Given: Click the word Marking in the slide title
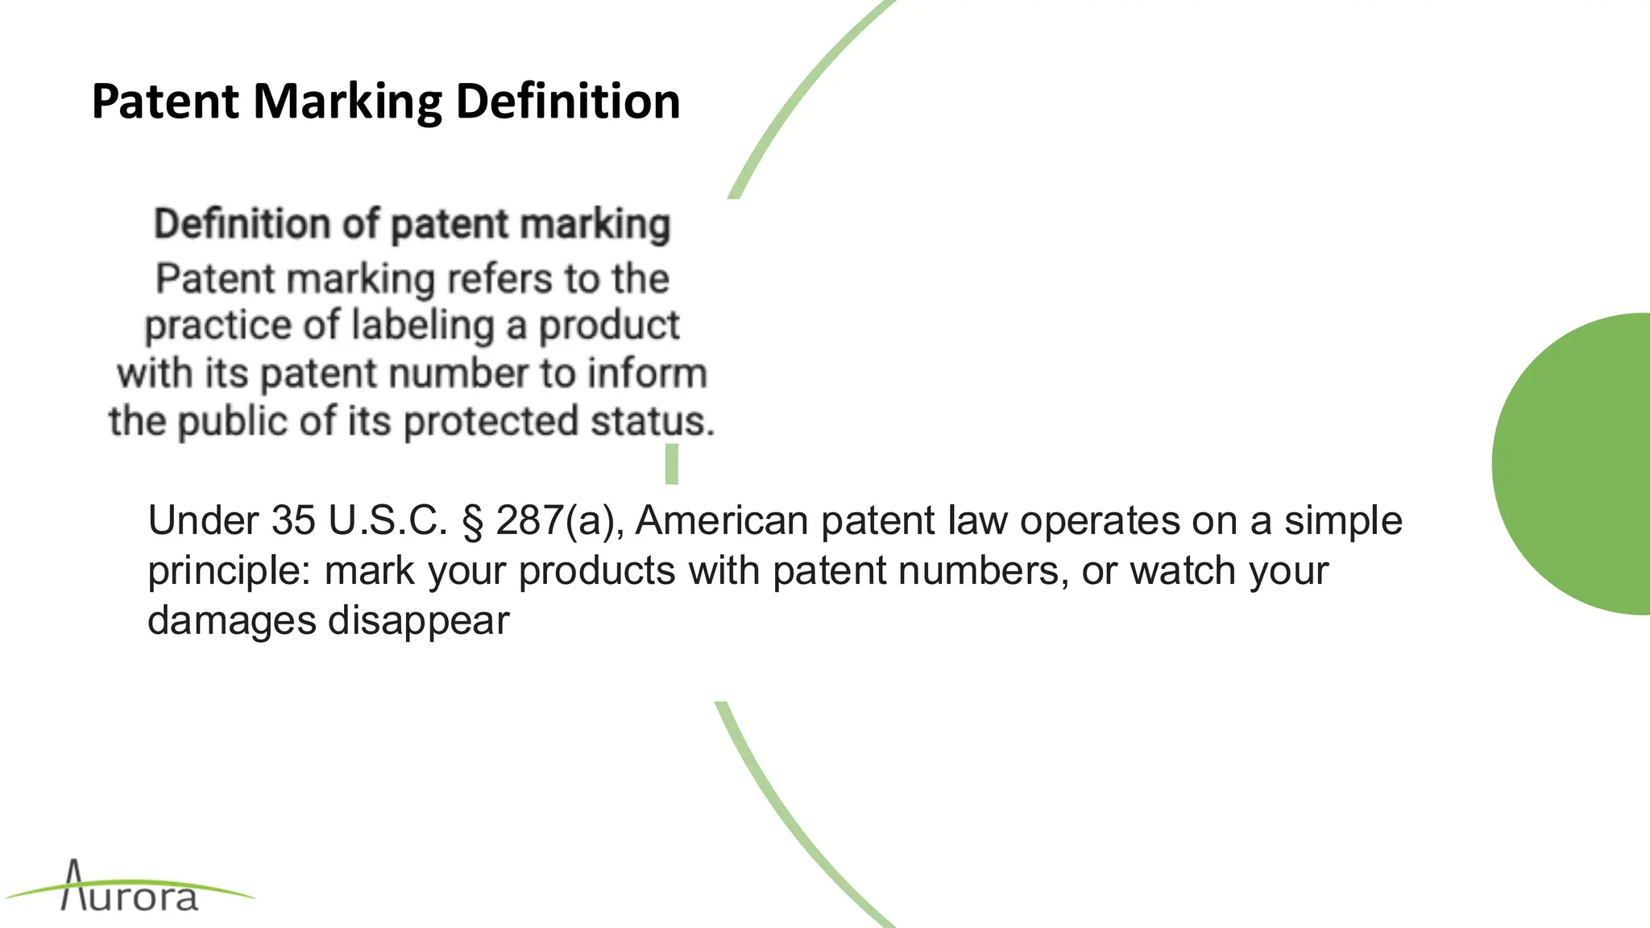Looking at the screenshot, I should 347,102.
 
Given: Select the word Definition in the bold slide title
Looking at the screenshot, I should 568,102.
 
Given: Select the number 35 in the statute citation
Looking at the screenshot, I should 292,520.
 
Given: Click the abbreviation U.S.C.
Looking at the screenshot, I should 388,520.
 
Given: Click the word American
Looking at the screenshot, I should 722,520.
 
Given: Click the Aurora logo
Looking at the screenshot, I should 131,889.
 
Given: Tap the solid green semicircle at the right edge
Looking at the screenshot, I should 1579,464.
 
